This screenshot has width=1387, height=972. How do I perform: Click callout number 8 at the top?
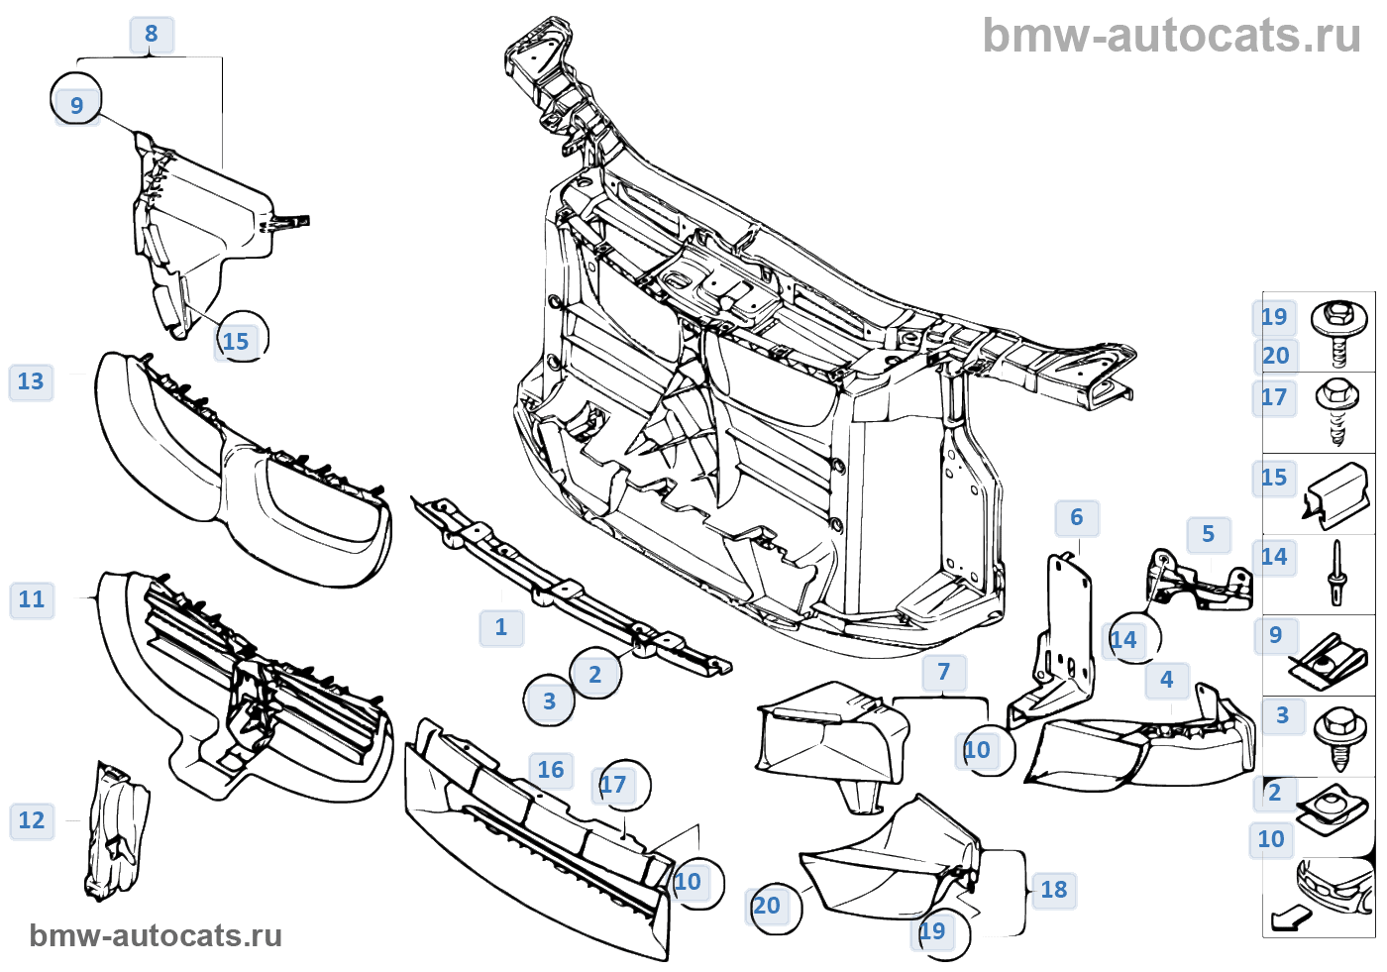(x=152, y=35)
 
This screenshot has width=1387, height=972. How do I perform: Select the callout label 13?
(x=31, y=381)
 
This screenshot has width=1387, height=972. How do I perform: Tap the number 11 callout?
(x=32, y=599)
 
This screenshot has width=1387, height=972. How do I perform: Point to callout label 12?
(x=32, y=820)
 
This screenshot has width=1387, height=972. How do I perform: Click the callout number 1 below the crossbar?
(x=501, y=627)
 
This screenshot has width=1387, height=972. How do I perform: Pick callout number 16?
(x=551, y=770)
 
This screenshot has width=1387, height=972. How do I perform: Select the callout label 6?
(x=1077, y=517)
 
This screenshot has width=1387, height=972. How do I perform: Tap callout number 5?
(x=1209, y=535)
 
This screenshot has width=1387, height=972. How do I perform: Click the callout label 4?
(x=1167, y=680)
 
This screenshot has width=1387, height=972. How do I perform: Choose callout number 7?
(x=943, y=672)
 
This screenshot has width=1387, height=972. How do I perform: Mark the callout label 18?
(x=1054, y=890)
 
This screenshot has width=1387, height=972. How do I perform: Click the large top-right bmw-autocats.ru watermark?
(x=1171, y=37)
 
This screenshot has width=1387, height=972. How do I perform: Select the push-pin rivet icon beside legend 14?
(x=1337, y=573)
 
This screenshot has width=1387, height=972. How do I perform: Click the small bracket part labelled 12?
(x=117, y=830)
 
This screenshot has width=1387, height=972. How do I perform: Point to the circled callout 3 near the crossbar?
(x=549, y=702)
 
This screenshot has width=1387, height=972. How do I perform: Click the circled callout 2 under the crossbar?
(x=595, y=675)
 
